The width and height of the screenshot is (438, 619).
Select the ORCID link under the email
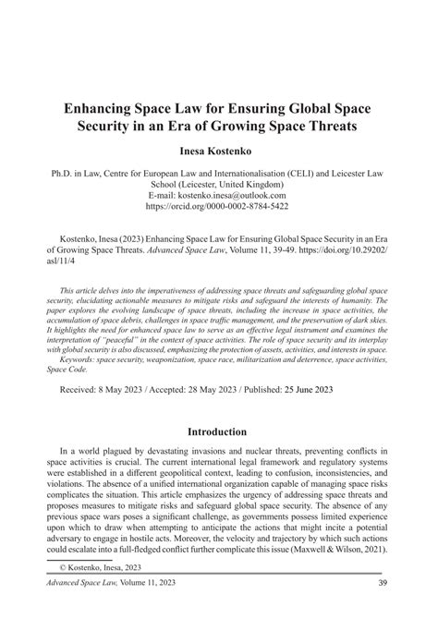tap(218, 208)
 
